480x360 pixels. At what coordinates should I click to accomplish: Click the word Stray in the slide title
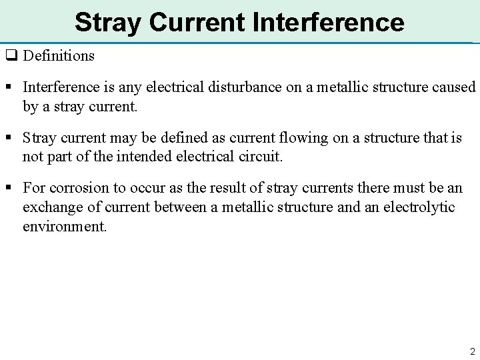107,22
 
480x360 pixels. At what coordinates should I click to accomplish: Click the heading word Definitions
59,55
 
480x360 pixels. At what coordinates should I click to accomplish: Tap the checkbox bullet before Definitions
11,55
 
